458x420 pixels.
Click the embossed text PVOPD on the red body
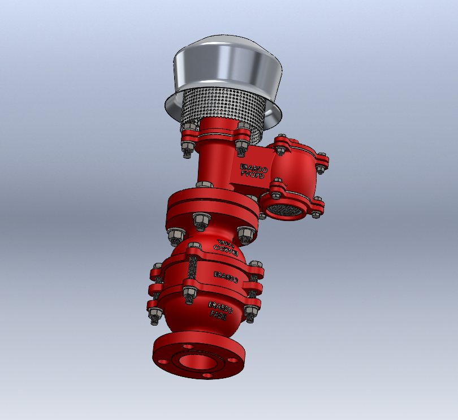(252, 175)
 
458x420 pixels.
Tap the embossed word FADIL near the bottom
(218, 317)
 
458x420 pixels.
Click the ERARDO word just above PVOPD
(252, 167)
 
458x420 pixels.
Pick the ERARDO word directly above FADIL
(220, 309)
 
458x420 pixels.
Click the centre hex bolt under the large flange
(200, 221)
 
